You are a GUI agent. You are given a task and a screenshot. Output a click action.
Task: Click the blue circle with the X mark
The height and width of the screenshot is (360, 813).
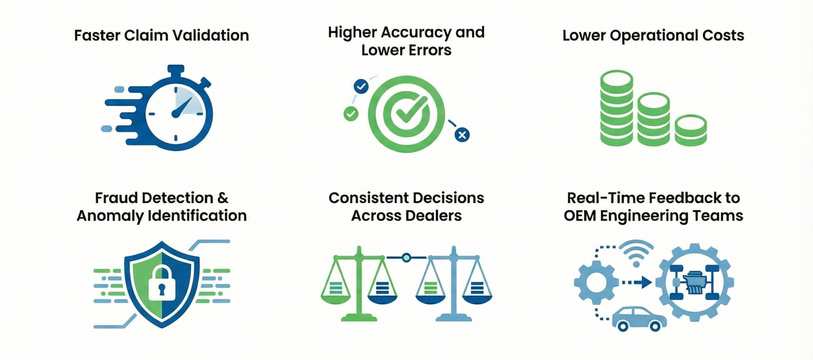(462, 135)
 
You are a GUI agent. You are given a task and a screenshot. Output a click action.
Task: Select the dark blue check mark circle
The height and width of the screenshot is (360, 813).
(361, 86)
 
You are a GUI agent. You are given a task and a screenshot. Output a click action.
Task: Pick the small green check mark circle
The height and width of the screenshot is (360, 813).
(351, 114)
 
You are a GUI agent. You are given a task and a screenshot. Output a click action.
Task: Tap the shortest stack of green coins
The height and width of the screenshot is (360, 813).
(690, 130)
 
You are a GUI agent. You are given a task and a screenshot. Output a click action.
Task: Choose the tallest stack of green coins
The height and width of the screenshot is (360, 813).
(616, 108)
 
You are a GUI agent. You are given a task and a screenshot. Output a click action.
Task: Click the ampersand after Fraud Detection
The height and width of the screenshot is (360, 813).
(223, 198)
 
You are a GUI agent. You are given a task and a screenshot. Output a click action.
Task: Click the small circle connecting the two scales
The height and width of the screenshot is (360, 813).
(406, 257)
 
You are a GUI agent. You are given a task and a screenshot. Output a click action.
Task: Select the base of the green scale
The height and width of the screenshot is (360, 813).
(359, 317)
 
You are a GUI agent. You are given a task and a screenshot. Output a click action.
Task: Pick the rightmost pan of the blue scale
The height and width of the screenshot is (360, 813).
(477, 299)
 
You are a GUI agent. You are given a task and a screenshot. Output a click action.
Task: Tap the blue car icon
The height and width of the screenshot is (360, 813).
(639, 319)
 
